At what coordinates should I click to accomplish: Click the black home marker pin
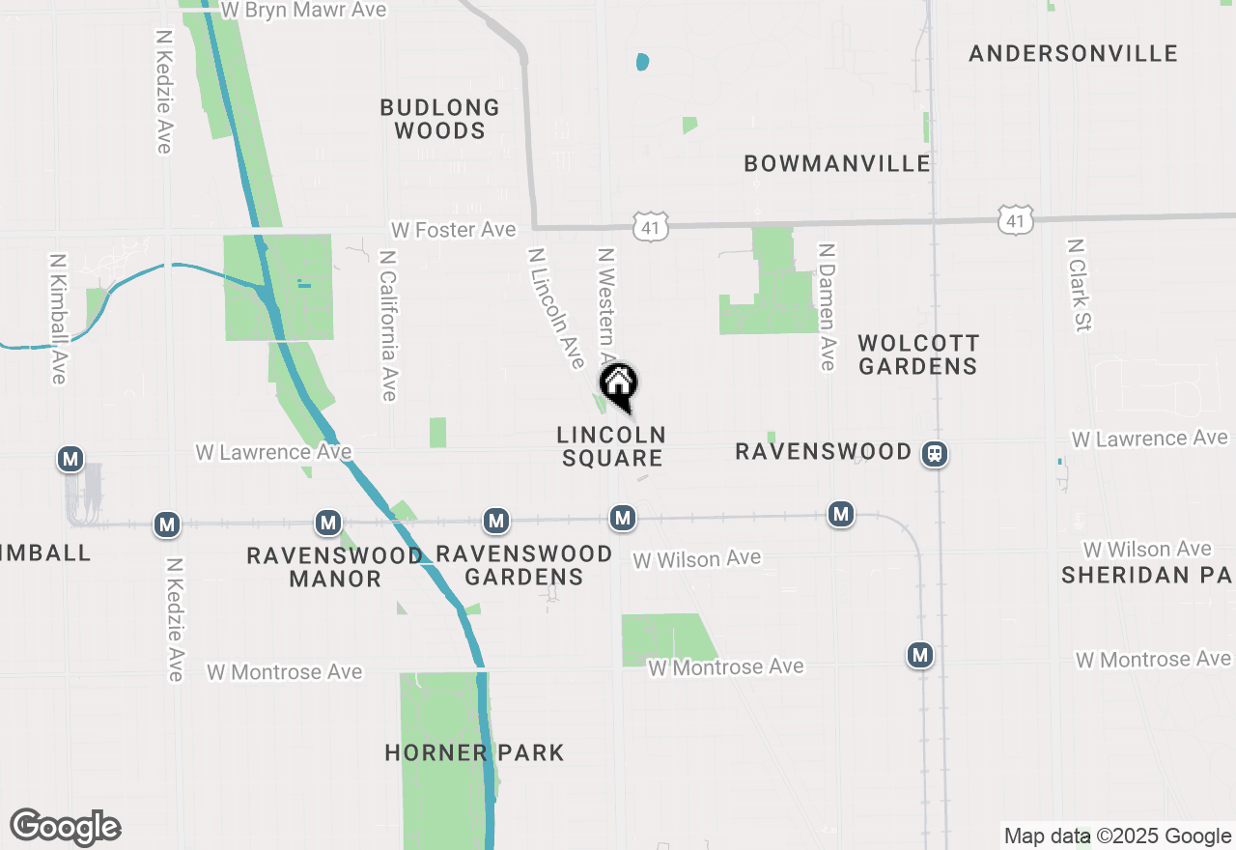tap(618, 383)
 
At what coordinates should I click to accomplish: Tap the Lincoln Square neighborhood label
tap(611, 446)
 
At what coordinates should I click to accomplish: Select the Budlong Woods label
tap(439, 119)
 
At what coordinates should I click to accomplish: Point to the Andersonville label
tap(1073, 53)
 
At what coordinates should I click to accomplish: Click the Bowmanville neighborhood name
tap(837, 163)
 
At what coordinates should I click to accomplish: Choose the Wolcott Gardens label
tap(918, 354)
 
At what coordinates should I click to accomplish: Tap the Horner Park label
tap(474, 752)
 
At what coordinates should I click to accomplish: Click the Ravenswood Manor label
tap(334, 567)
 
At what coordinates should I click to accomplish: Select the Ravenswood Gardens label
tap(523, 565)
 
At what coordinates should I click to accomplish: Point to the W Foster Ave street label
tap(453, 230)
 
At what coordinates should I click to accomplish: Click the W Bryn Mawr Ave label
tap(303, 11)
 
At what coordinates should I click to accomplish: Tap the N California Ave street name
tap(388, 326)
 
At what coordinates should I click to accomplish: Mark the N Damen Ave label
tap(827, 306)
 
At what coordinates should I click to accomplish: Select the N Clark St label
tap(1078, 285)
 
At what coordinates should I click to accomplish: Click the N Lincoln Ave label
tap(556, 307)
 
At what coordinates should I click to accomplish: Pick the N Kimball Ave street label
tap(59, 319)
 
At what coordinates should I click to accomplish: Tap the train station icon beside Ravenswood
tap(934, 453)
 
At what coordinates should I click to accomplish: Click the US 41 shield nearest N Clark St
tap(1014, 220)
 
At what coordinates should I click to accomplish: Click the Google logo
tap(66, 827)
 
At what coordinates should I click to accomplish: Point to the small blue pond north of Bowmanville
tap(643, 63)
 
